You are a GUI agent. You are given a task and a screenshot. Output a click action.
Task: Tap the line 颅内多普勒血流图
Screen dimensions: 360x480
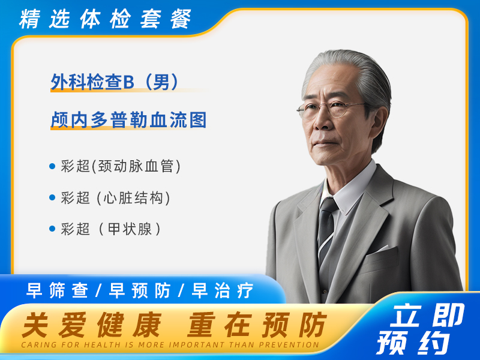[128, 120]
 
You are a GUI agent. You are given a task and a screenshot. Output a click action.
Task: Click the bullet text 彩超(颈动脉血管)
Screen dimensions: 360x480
[121, 166]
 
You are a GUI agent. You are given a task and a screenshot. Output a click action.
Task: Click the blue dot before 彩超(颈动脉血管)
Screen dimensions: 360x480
[52, 166]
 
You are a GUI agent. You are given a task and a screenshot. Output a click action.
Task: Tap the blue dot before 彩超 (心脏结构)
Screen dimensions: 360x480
[52, 197]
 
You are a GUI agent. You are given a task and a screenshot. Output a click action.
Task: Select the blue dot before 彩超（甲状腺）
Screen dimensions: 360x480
[52, 229]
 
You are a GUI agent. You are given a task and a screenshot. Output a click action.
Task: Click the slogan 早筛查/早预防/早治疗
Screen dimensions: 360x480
[140, 291]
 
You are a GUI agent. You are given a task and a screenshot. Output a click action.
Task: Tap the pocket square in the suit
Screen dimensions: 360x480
[382, 248]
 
